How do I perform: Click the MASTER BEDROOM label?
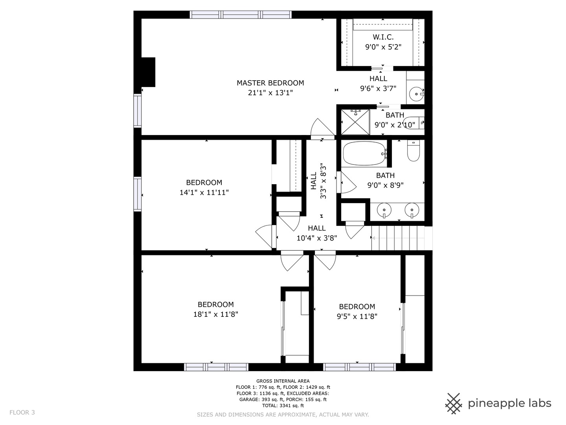click(270, 83)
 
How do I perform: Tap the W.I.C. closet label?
click(383, 37)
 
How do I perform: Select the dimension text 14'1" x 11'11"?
click(204, 192)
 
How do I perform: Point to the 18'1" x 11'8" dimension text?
click(215, 314)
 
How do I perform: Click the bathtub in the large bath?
click(365, 153)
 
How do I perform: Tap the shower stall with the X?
click(355, 122)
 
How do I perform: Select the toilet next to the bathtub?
click(413, 150)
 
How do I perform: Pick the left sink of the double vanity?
click(384, 210)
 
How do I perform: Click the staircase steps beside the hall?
click(398, 238)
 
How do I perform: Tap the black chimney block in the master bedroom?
click(148, 72)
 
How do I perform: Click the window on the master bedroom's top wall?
click(241, 15)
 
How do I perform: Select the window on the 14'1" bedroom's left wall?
click(138, 194)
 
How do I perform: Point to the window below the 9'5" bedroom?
click(360, 367)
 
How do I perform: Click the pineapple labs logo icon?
click(454, 404)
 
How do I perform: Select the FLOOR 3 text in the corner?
click(22, 412)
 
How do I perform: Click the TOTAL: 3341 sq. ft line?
click(283, 405)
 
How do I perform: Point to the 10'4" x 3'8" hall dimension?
click(317, 238)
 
